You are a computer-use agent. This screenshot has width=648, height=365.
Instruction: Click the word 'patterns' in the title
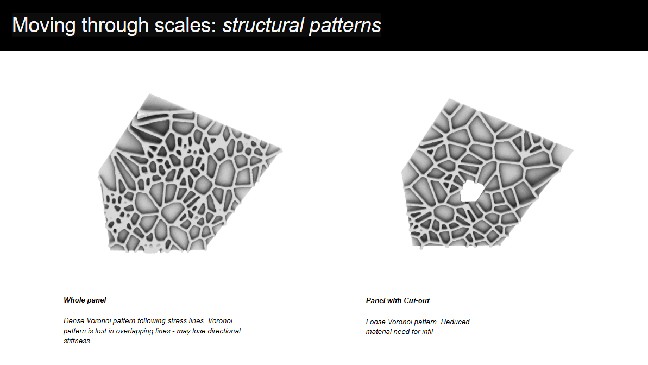(x=345, y=25)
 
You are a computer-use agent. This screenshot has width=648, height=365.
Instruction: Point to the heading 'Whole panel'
(x=85, y=300)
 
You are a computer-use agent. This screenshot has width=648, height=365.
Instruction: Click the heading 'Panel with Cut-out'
(x=398, y=300)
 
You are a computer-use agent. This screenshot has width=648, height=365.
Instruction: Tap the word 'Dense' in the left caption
(x=73, y=321)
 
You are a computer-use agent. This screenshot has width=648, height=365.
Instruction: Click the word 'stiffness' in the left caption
(x=77, y=341)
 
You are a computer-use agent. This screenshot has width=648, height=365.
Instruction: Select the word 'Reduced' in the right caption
(x=455, y=322)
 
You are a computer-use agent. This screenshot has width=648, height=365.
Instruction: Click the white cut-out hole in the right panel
(x=470, y=190)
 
